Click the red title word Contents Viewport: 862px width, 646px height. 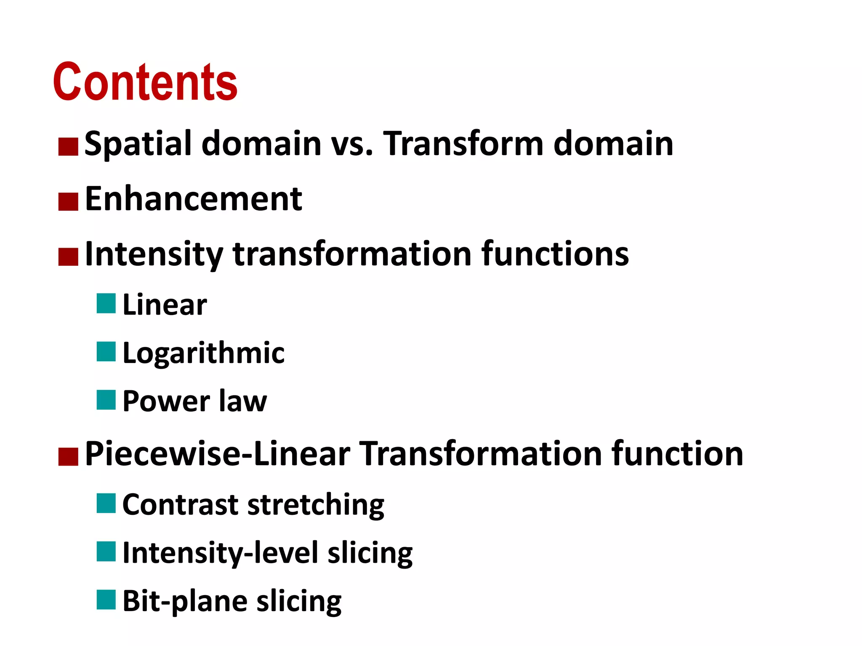click(x=145, y=82)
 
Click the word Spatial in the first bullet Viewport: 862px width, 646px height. click(x=138, y=144)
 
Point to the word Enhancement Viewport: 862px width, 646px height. click(x=193, y=199)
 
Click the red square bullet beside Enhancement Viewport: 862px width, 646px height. click(x=68, y=201)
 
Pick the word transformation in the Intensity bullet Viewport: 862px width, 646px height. click(x=352, y=254)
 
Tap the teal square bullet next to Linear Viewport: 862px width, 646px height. click(x=106, y=304)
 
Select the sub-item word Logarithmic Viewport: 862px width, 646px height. click(x=203, y=353)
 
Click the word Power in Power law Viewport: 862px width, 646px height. click(x=166, y=401)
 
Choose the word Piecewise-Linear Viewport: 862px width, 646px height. click(x=217, y=454)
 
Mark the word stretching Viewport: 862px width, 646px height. click(x=316, y=505)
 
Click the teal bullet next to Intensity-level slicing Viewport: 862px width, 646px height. click(x=106, y=551)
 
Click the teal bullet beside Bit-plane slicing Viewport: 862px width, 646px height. click(x=106, y=600)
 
